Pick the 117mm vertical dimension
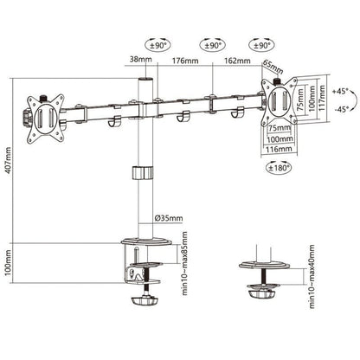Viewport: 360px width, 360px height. pyautogui.click(x=323, y=95)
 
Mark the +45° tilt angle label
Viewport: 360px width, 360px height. pyautogui.click(x=341, y=90)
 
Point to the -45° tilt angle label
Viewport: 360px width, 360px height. pyautogui.click(x=341, y=108)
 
